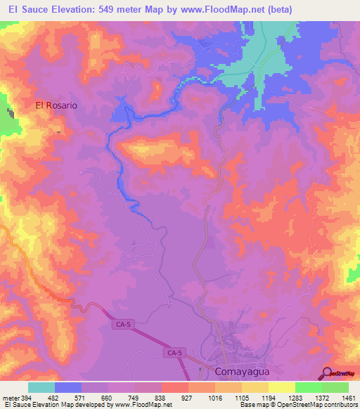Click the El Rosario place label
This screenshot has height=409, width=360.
(56, 105)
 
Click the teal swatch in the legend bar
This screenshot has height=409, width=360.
(41, 387)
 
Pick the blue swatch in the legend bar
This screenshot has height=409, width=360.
(68, 387)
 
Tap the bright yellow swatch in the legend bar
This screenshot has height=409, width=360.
(281, 387)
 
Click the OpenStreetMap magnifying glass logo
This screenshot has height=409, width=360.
(328, 373)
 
